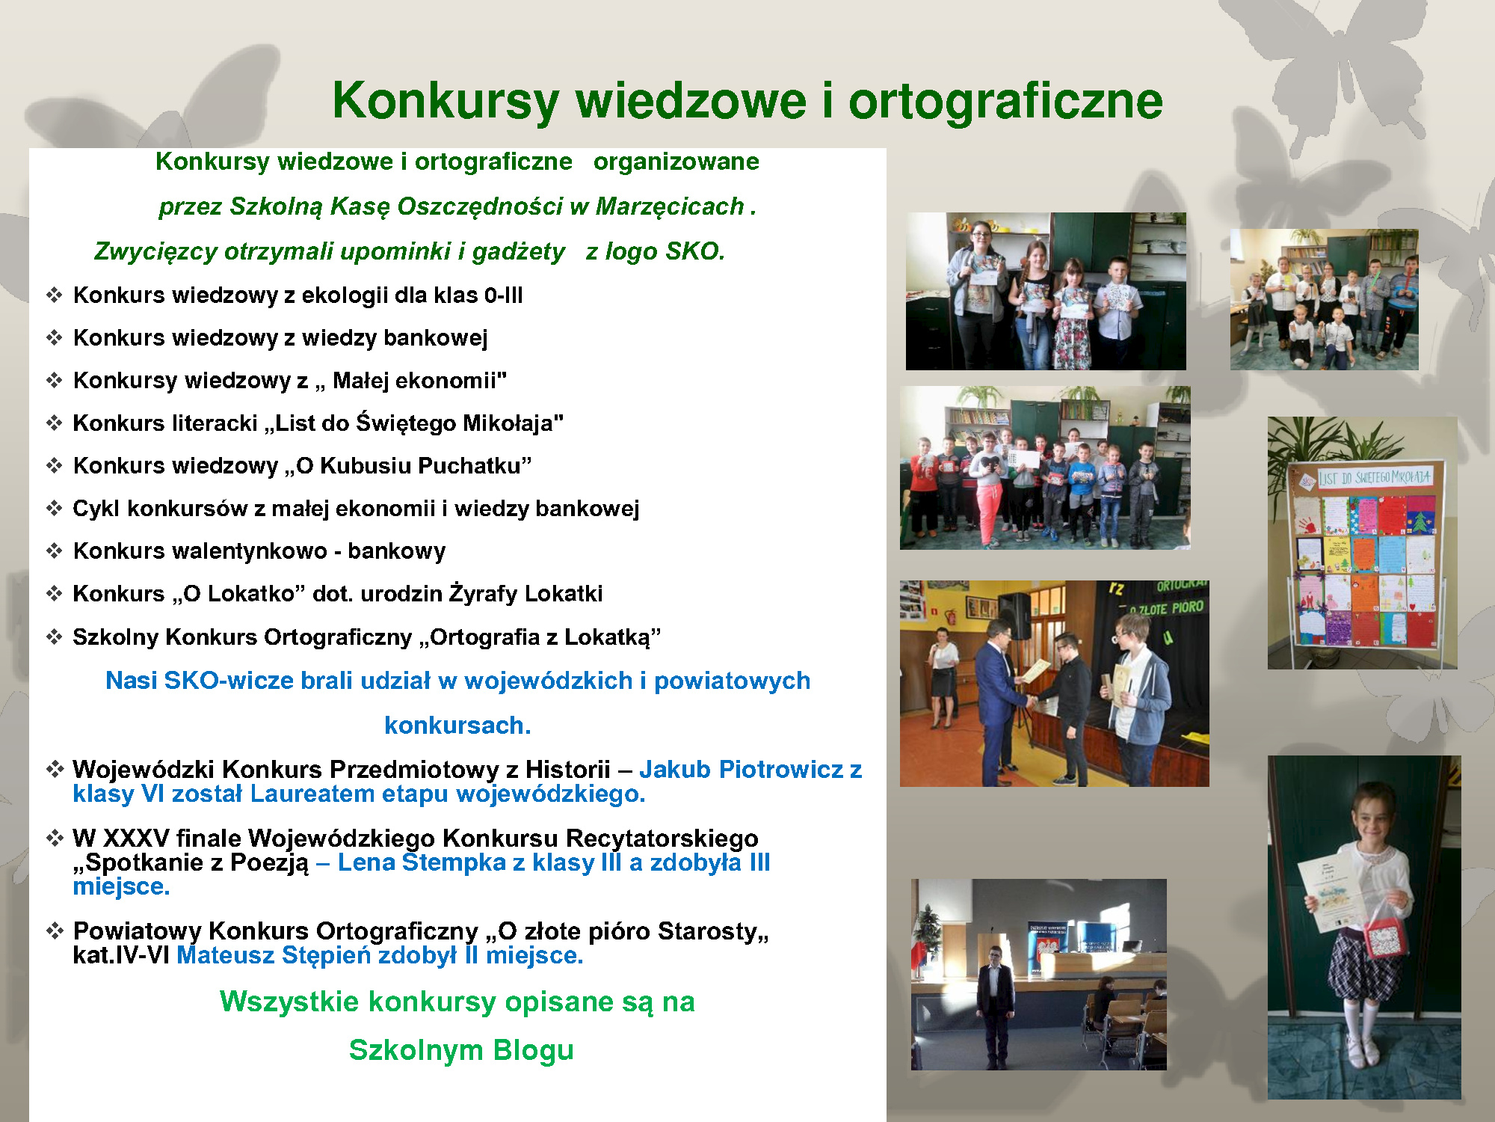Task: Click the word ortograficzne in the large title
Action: [x=1005, y=101]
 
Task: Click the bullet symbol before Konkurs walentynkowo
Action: [x=54, y=551]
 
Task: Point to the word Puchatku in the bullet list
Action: [x=474, y=466]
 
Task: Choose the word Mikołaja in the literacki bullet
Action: [x=513, y=423]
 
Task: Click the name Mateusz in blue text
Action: [x=226, y=955]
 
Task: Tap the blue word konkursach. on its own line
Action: [x=457, y=726]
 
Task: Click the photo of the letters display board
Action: [x=1362, y=543]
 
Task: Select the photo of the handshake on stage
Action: [x=1054, y=683]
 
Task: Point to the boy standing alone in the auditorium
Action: [x=995, y=999]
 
